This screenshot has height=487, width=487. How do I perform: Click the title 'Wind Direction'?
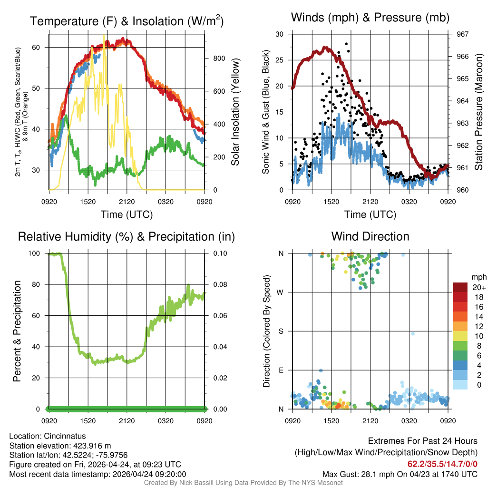(370, 236)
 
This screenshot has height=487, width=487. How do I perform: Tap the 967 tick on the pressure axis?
(463, 34)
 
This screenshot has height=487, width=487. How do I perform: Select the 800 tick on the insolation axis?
(219, 58)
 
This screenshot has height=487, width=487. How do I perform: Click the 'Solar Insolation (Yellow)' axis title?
(235, 112)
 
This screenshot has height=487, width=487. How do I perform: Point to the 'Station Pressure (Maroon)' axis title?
(479, 112)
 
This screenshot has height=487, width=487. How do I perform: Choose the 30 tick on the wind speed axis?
(280, 34)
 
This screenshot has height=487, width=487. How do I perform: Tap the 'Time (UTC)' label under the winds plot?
(370, 214)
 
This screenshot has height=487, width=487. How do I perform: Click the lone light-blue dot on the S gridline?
(413, 334)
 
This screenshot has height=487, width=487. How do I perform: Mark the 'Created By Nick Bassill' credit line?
(243, 483)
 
